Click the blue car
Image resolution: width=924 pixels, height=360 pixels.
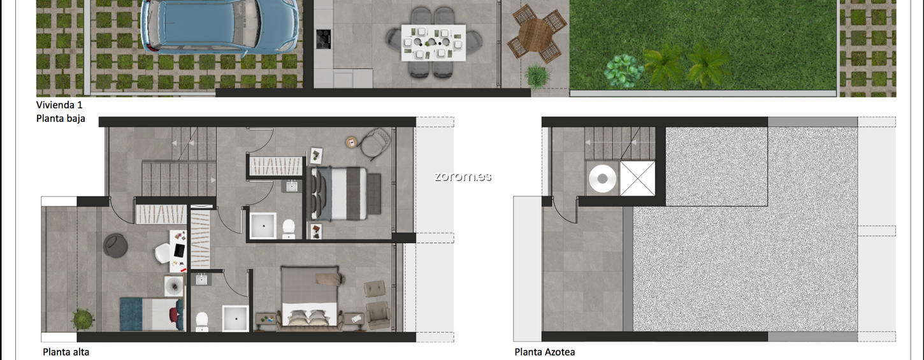(x=219, y=25)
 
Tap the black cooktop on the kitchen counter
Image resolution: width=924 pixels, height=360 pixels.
(x=324, y=39)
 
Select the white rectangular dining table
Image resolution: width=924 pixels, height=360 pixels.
(x=433, y=43)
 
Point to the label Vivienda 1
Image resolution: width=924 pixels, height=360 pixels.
(x=59, y=104)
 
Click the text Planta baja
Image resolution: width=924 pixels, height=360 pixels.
(x=61, y=119)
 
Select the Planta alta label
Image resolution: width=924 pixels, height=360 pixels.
(x=66, y=352)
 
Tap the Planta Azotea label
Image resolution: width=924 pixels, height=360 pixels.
(x=544, y=352)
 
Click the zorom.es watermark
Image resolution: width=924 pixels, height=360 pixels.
(x=463, y=176)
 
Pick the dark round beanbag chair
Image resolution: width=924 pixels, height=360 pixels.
(x=115, y=246)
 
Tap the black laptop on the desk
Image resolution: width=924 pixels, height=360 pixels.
(x=180, y=250)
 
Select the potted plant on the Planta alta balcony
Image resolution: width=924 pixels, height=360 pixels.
(x=83, y=319)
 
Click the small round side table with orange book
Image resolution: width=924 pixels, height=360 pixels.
(x=352, y=143)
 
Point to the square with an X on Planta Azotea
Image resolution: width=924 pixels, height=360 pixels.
(x=637, y=178)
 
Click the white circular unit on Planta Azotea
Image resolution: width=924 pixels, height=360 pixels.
(x=603, y=179)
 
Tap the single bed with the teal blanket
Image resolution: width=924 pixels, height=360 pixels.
(x=152, y=314)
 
